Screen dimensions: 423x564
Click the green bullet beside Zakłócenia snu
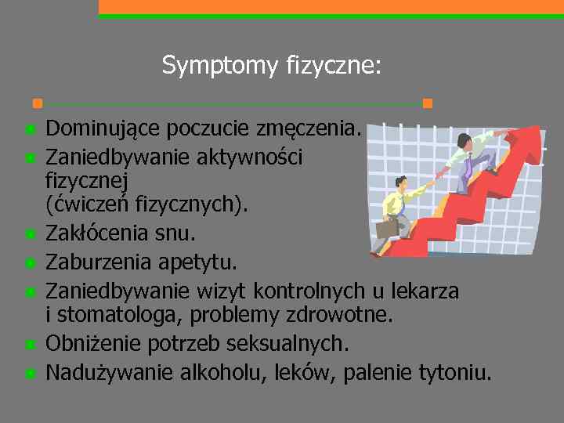(x=30, y=233)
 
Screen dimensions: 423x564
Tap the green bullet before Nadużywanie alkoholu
(x=30, y=373)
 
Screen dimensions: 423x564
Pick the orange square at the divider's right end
(x=427, y=103)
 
